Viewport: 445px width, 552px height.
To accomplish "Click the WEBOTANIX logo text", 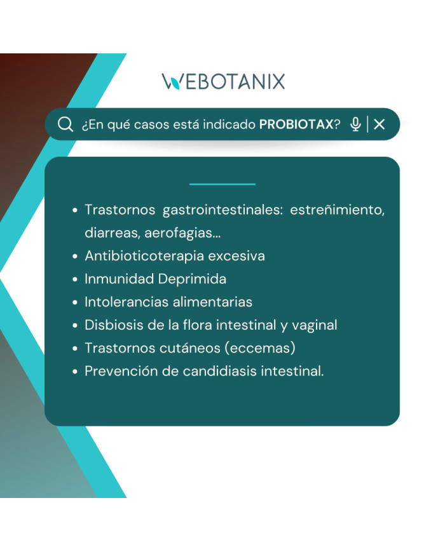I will coord(223,81).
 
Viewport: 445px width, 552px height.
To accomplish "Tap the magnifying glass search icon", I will coord(65,124).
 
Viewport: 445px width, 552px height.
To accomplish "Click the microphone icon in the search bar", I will coord(355,124).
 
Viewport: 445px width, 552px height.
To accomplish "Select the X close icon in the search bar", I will coord(380,124).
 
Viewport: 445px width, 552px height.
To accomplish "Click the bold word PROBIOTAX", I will coord(296,125).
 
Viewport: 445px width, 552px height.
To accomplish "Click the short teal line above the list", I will coord(222,184).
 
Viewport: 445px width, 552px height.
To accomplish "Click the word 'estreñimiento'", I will coord(337,210).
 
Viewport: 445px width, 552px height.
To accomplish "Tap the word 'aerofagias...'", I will coord(182,233).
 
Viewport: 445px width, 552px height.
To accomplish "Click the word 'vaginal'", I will coord(314,325).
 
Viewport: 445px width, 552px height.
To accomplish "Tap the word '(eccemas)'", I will coord(261,348).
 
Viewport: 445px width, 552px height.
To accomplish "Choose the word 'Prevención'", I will coord(122,371).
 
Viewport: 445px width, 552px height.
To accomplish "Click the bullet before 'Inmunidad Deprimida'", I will coord(75,279).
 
